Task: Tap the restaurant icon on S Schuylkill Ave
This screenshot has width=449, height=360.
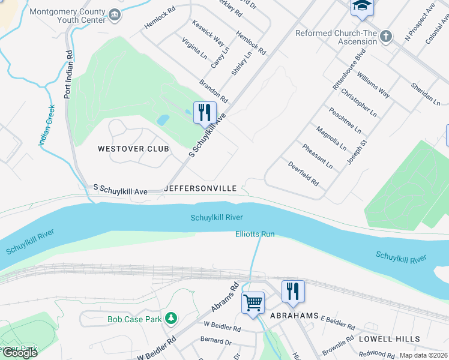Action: (204, 112)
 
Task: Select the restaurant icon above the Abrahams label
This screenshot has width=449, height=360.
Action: (293, 291)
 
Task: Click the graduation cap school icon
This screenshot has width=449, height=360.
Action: (362, 5)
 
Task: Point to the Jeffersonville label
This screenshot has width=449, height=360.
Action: (200, 188)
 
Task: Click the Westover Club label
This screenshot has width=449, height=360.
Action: (134, 148)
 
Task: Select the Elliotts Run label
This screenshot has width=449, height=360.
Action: (255, 234)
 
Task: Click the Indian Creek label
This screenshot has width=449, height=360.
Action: (46, 125)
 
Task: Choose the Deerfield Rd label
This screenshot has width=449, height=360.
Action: (303, 173)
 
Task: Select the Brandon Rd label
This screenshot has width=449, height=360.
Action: (214, 89)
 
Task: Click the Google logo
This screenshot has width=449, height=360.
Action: (19, 353)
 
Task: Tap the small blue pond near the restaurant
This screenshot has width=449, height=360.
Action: (163, 119)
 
